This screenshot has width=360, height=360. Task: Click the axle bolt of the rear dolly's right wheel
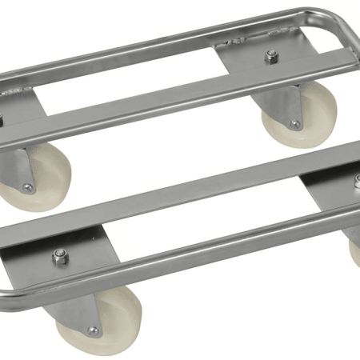tap(295, 124)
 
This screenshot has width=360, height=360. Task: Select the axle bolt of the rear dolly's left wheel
tap(29, 187)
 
